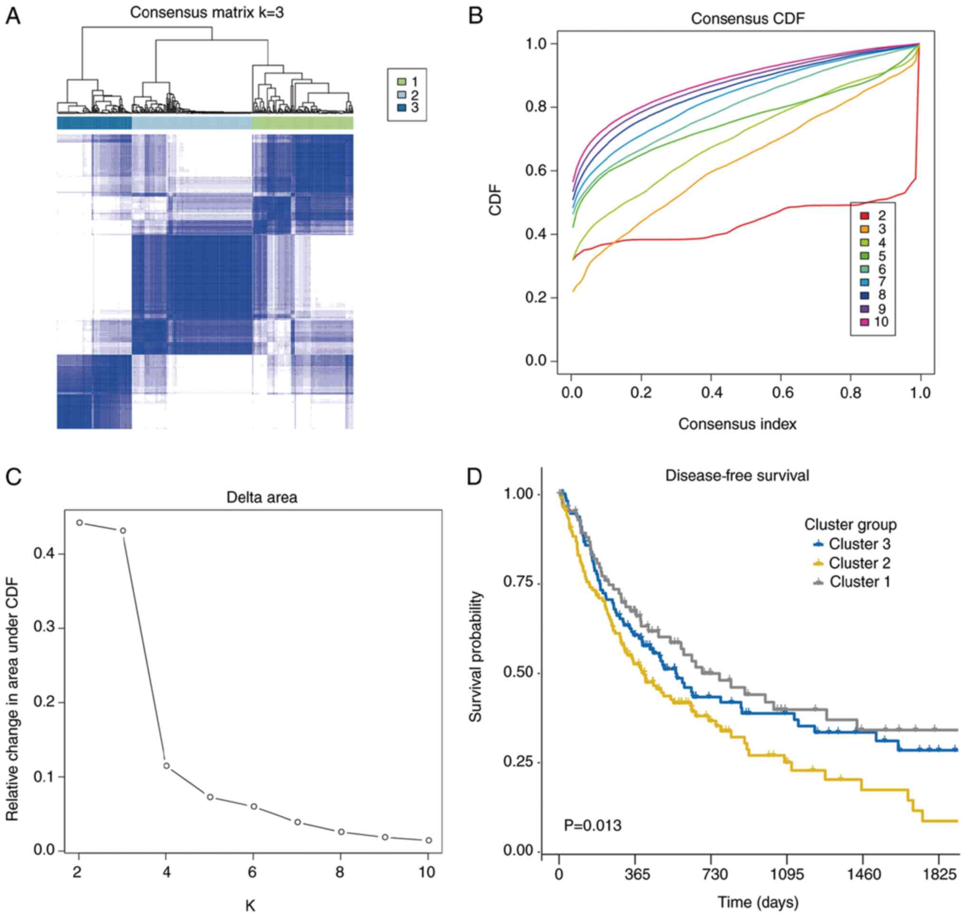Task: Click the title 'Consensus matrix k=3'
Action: click(207, 13)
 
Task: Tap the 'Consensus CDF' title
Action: click(748, 19)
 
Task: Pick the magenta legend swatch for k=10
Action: click(865, 322)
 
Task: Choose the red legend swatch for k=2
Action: click(865, 216)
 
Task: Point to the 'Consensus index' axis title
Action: click(737, 424)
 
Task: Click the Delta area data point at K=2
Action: click(80, 523)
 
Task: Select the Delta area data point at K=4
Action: click(166, 724)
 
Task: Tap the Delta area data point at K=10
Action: click(429, 840)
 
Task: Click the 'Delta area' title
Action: click(262, 498)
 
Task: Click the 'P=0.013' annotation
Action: click(593, 826)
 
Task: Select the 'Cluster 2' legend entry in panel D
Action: click(859, 563)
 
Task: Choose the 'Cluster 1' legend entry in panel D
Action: click(859, 582)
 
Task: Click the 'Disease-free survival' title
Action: click(737, 476)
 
